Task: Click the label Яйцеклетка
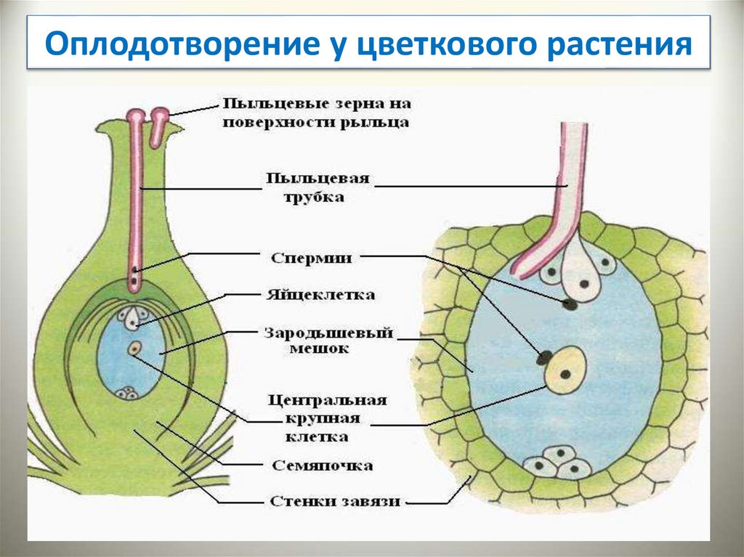tap(320, 296)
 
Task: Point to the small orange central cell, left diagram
tap(134, 349)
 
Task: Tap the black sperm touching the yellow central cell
tap(543, 357)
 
